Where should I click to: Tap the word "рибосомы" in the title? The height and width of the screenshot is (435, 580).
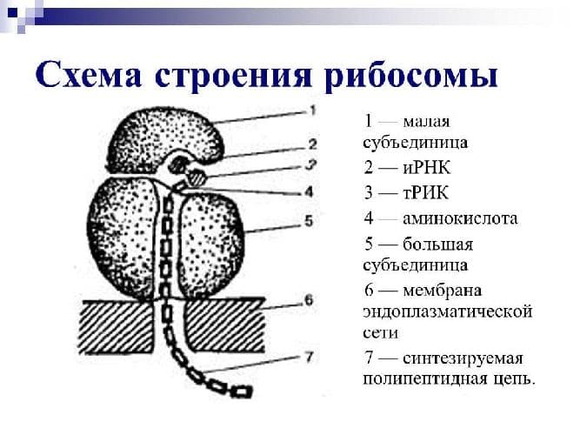tap(411, 77)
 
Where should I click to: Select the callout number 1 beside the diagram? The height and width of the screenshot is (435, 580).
tap(312, 110)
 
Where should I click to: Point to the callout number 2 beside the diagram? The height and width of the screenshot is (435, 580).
tap(312, 144)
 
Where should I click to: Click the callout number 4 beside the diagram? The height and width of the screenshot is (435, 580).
tap(309, 191)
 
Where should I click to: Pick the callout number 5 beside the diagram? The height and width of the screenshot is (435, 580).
tap(309, 221)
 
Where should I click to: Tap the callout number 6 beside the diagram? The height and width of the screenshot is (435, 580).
tap(309, 300)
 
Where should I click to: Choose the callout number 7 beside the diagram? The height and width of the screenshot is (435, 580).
tap(310, 358)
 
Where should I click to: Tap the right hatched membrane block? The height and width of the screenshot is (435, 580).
tap(224, 325)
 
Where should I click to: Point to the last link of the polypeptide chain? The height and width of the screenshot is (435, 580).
tap(242, 391)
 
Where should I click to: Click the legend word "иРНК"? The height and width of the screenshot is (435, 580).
tap(426, 168)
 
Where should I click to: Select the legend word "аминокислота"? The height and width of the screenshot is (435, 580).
tap(460, 218)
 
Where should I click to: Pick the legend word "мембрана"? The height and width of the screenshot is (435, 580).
tap(442, 291)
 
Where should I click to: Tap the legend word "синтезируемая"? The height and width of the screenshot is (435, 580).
tap(463, 358)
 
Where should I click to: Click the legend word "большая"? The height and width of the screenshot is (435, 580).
tap(438, 244)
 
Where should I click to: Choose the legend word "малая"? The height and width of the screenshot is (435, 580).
tap(426, 122)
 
